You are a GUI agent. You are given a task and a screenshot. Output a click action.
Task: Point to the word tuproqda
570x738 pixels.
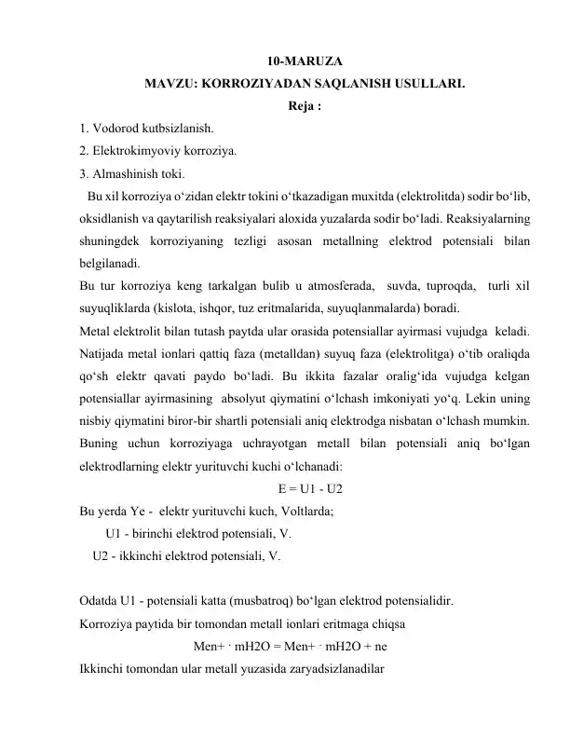(x=447, y=286)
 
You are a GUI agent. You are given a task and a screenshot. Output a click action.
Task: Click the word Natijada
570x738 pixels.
(x=106, y=354)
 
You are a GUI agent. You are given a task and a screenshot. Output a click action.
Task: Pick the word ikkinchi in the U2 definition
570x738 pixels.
(x=139, y=556)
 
